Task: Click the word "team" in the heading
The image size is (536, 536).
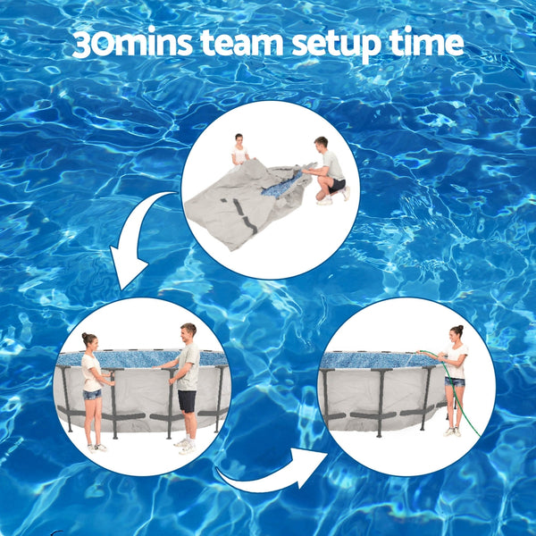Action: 233,44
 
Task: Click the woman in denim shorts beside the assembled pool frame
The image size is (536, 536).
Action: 92,389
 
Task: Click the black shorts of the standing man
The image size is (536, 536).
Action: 187,400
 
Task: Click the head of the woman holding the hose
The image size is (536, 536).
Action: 456,333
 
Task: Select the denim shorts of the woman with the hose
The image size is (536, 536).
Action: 455,381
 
